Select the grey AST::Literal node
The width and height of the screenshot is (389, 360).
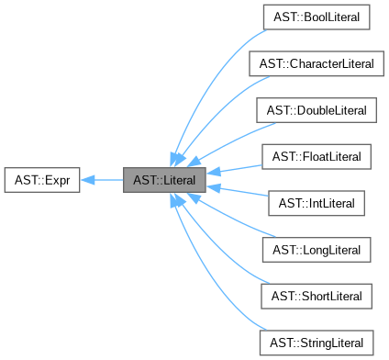pos(164,180)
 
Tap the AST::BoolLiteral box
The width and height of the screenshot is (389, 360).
pos(316,17)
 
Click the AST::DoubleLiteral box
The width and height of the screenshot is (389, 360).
pos(316,110)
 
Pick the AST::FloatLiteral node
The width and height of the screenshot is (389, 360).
pos(316,157)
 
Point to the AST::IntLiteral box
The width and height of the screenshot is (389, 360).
pos(316,203)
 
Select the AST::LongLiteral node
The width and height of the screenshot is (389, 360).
pos(316,250)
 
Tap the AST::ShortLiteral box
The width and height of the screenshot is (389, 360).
pos(316,297)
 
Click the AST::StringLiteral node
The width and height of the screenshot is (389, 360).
pos(316,343)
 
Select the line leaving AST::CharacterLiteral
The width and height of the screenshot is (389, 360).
pos(216,101)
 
